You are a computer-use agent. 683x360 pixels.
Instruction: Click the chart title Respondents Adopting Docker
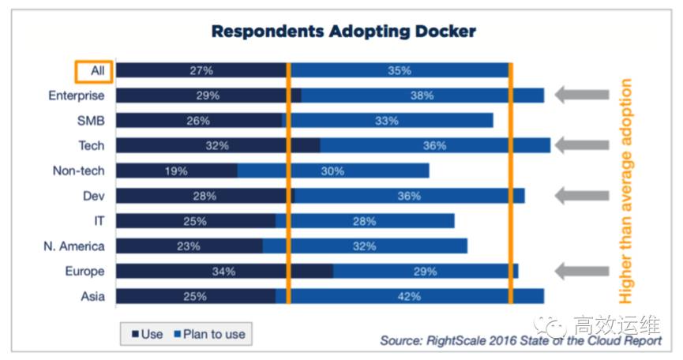(x=343, y=32)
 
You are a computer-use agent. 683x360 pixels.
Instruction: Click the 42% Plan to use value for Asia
(x=409, y=297)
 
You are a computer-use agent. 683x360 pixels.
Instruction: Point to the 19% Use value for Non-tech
(x=177, y=171)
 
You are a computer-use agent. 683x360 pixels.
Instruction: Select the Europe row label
(x=84, y=272)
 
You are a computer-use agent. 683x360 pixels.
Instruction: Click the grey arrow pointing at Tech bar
(x=582, y=145)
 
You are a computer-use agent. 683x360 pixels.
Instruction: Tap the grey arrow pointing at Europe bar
(x=582, y=272)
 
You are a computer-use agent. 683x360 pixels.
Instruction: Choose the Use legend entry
(x=147, y=334)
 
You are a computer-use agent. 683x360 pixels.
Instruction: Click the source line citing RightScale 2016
(x=520, y=341)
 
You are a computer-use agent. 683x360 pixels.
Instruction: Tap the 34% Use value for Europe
(x=223, y=272)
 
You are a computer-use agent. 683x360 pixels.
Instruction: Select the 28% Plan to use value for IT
(x=366, y=221)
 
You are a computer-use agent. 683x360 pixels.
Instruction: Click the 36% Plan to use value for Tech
(x=434, y=145)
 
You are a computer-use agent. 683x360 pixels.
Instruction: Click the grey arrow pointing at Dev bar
(x=582, y=196)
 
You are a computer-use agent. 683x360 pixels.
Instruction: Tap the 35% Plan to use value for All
(x=400, y=71)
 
